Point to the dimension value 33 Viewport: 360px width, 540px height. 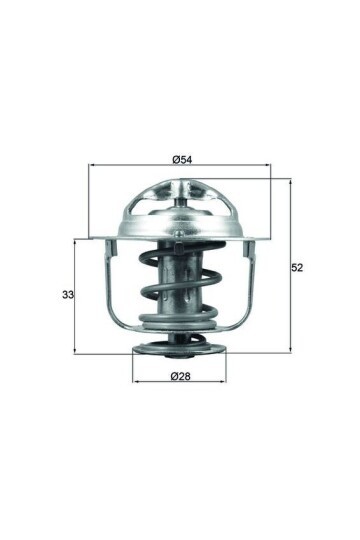tap(68, 295)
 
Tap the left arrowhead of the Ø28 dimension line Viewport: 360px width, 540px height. tap(137, 383)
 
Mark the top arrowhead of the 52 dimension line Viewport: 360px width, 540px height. tap(289, 183)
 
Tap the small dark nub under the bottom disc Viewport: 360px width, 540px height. tap(180, 357)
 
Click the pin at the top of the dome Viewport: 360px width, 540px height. tap(182, 200)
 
